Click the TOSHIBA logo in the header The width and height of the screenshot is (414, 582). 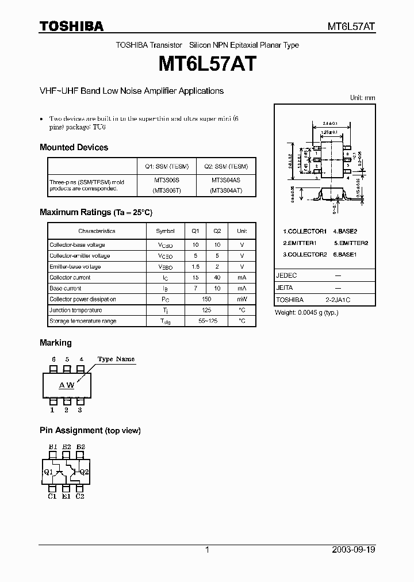(71, 26)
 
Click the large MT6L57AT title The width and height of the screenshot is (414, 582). (206, 63)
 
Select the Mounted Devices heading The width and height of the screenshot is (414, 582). (74, 147)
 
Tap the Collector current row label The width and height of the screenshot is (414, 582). (70, 278)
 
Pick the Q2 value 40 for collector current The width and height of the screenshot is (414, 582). (217, 278)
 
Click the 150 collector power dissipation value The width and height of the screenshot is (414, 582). (206, 300)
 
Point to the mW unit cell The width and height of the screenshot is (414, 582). (242, 300)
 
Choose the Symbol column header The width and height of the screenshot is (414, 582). (165, 231)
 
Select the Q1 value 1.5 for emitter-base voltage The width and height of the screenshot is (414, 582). (195, 267)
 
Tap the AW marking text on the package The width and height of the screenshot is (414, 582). (67, 385)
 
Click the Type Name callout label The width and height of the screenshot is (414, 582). (116, 359)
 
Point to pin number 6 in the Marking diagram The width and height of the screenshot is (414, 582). (53, 359)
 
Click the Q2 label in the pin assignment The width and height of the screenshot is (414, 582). (84, 472)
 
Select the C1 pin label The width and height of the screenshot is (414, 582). (52, 496)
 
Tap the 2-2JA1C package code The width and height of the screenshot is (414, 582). (338, 300)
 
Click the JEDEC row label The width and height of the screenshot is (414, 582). (286, 275)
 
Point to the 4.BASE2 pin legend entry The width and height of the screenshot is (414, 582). (344, 231)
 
